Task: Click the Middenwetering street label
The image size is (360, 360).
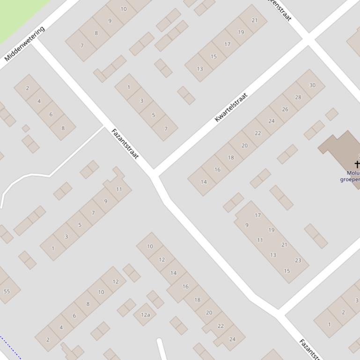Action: point(24,44)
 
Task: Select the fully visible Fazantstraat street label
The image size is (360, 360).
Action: point(125,144)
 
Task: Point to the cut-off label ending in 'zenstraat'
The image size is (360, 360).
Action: point(280,10)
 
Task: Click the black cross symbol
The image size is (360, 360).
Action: point(357,164)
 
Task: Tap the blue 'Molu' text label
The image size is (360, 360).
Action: point(352,173)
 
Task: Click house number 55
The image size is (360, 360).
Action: point(7,291)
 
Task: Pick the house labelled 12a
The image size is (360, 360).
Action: point(145,315)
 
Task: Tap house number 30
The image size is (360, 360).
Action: point(312,85)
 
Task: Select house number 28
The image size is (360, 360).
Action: point(298,97)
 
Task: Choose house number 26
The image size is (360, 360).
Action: point(285,109)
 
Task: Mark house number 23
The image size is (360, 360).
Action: point(298,260)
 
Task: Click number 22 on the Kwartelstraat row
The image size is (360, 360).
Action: point(257,133)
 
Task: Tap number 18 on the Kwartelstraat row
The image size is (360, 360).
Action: point(231,158)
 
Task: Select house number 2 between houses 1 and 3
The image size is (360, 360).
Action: point(343,312)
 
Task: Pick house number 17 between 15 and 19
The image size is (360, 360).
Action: point(227,44)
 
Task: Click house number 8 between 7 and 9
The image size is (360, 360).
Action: point(96,33)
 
